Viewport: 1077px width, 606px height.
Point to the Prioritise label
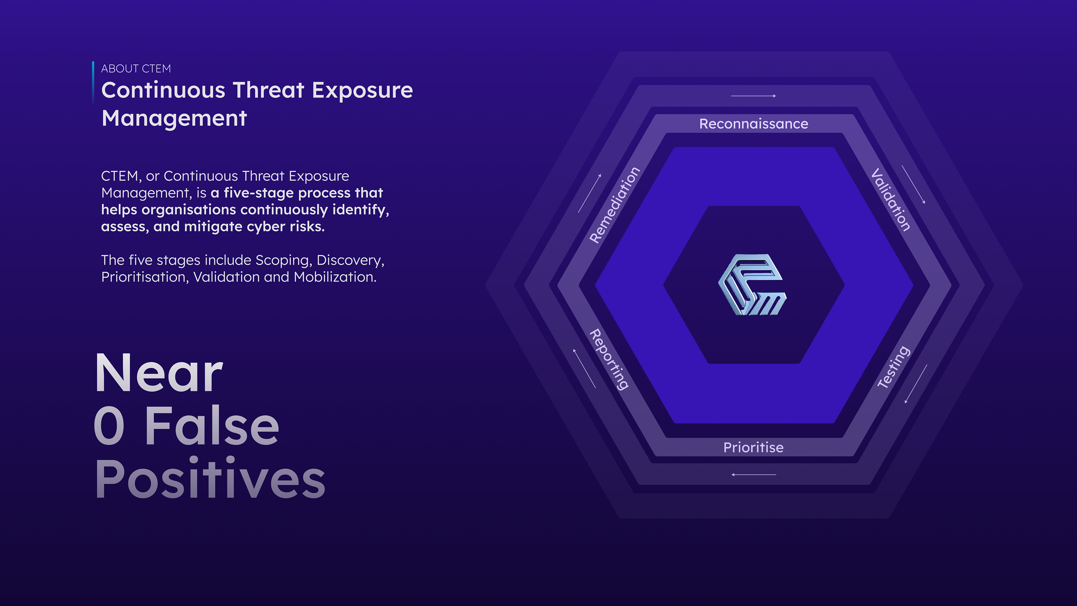point(753,447)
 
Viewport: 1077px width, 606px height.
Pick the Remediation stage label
point(615,205)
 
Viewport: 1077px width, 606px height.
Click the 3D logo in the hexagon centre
point(752,284)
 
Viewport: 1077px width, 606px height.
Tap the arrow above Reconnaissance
point(753,96)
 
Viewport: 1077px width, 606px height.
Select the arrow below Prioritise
point(753,475)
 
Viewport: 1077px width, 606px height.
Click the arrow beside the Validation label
point(913,184)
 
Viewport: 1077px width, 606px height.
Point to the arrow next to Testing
point(916,384)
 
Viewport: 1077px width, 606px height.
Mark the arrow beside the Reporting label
point(584,368)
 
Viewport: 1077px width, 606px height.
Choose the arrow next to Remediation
point(590,193)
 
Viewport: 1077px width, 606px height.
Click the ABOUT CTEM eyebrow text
point(136,68)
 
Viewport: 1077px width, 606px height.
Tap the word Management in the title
point(174,118)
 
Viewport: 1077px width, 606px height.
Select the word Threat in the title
point(268,90)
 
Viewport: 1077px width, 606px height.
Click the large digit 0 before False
point(109,426)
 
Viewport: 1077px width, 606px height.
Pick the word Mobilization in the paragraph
point(335,277)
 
